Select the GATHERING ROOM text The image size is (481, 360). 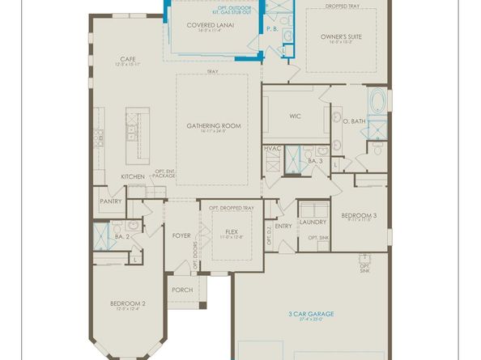pos(214,125)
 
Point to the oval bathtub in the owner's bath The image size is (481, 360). pos(378,104)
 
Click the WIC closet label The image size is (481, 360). pos(295,115)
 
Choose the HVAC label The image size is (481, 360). pos(271,149)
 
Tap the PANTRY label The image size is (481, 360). pos(110,201)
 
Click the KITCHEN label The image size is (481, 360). pos(133,176)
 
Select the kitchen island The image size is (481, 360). pos(131,134)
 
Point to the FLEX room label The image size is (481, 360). pos(230,232)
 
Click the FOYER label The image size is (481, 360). pos(181,235)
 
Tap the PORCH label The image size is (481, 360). pos(181,290)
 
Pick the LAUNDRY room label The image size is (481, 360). pos(312,222)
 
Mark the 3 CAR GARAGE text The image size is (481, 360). pos(310,313)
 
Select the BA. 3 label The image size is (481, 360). pos(316,161)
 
